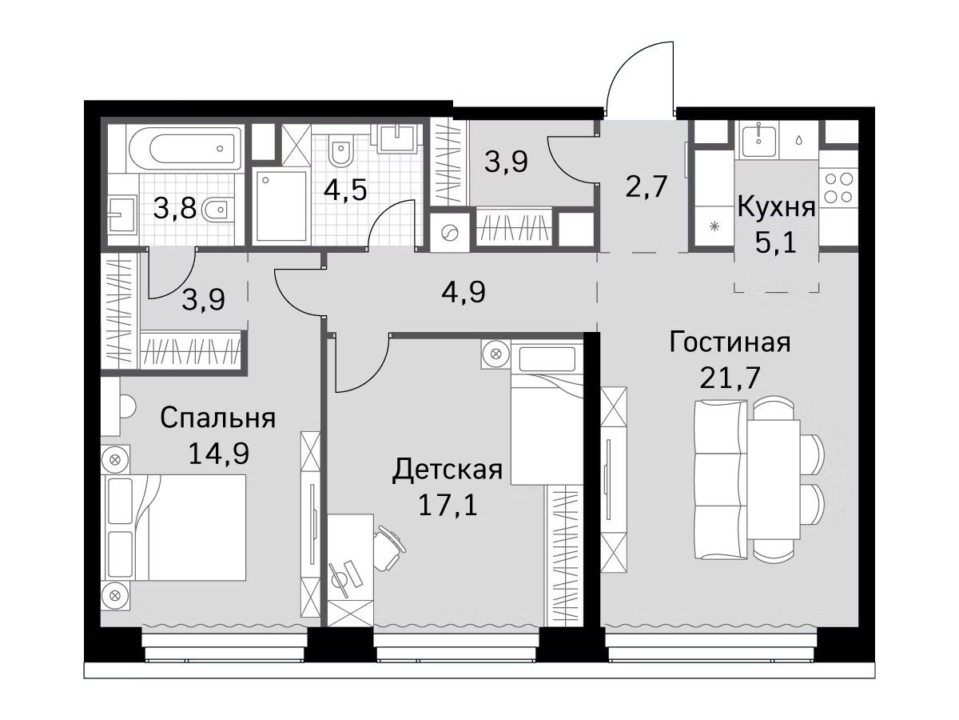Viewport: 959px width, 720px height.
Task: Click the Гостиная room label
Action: pyautogui.click(x=730, y=342)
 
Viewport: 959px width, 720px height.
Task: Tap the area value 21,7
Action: pyautogui.click(x=730, y=378)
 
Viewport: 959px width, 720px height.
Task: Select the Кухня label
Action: pyautogui.click(x=776, y=207)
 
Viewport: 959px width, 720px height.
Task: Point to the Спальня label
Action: pyautogui.click(x=218, y=418)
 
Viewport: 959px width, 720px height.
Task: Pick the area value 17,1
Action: pyautogui.click(x=448, y=505)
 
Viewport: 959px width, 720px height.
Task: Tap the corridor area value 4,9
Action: pyautogui.click(x=463, y=292)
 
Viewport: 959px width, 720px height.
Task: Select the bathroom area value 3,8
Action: pyautogui.click(x=175, y=208)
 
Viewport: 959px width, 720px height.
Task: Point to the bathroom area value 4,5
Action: pyautogui.click(x=345, y=190)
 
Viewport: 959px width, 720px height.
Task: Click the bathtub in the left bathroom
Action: pyautogui.click(x=184, y=148)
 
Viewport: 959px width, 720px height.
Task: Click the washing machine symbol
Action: pyautogui.click(x=450, y=232)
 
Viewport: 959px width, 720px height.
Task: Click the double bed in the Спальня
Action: pyautogui.click(x=174, y=528)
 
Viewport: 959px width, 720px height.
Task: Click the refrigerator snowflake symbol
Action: pyautogui.click(x=714, y=226)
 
